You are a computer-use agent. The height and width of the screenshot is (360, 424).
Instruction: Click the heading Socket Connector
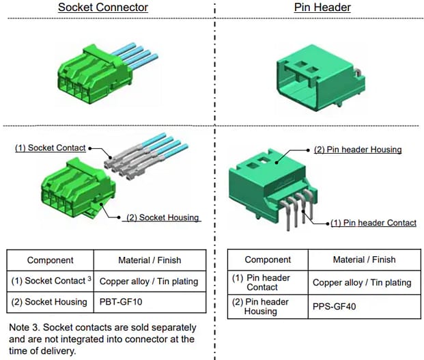point(103,8)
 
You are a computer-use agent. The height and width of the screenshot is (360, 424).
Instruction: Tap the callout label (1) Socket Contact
point(51,148)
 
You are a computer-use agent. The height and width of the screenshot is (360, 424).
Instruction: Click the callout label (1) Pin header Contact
point(373,223)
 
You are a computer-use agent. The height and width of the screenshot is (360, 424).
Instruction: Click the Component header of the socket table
point(50,260)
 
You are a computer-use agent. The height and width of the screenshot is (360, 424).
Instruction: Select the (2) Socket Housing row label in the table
point(50,301)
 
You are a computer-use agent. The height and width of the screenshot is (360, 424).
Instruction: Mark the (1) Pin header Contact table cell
point(262,282)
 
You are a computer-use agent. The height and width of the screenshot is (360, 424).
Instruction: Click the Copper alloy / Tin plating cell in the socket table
point(148,281)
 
